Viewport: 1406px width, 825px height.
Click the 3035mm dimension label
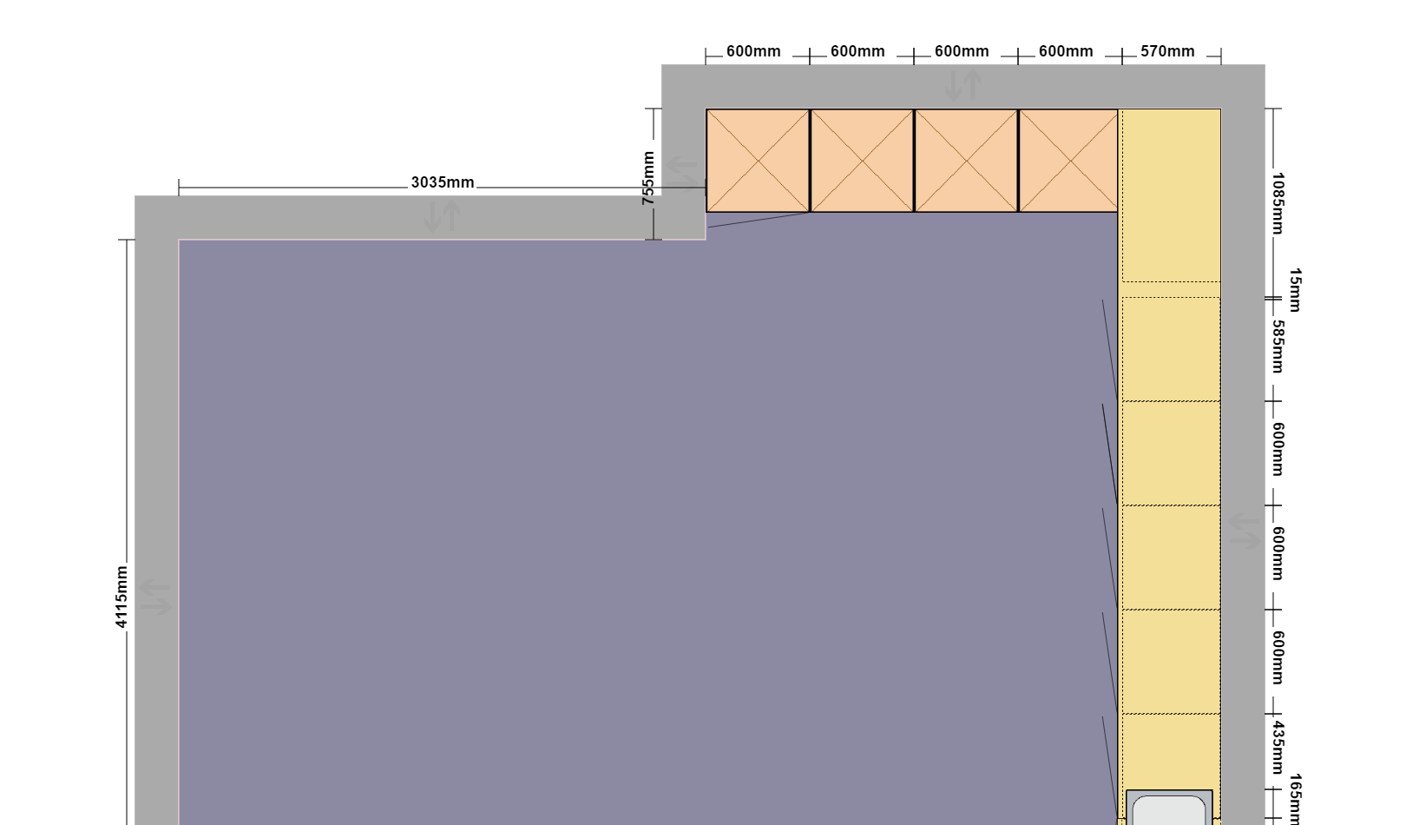click(443, 182)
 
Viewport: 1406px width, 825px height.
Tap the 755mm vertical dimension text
click(648, 178)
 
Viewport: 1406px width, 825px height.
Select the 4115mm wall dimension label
click(122, 597)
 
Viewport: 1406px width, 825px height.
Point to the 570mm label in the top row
click(1167, 51)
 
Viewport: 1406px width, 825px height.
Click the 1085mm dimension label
click(1278, 203)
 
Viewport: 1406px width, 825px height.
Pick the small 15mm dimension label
click(1295, 290)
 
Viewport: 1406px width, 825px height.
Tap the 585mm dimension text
click(1278, 346)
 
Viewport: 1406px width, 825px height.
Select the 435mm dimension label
click(1278, 748)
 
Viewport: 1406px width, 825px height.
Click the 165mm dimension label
click(1295, 799)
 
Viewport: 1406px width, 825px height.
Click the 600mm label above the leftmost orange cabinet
click(753, 51)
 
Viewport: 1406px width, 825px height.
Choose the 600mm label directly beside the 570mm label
click(1066, 51)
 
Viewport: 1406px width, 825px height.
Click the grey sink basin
click(1169, 808)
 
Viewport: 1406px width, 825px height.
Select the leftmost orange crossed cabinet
click(758, 161)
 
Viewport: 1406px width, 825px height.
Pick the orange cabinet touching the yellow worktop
click(1068, 161)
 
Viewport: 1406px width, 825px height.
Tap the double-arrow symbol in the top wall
click(963, 85)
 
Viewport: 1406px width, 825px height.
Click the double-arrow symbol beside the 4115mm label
click(155, 597)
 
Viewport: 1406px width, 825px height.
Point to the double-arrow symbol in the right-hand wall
click(1244, 531)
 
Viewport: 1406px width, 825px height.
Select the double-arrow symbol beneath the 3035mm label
click(442, 216)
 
